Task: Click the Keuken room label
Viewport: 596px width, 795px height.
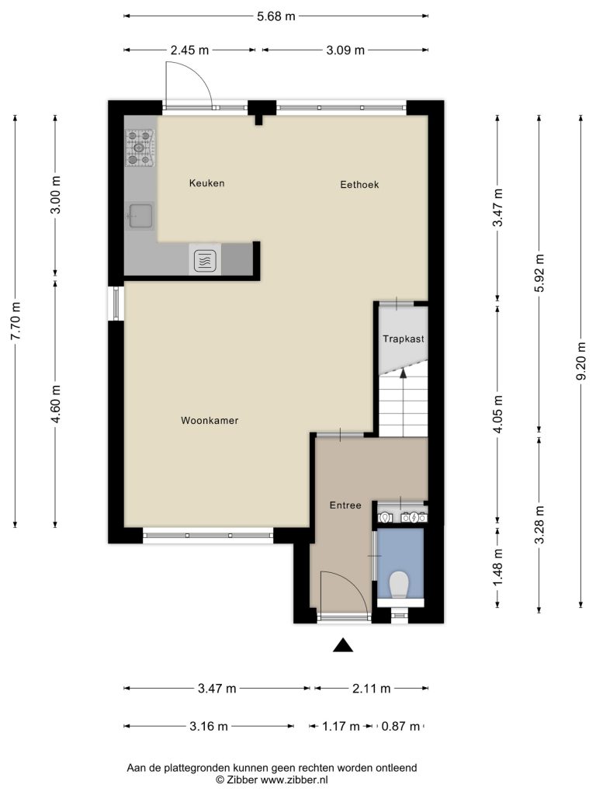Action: [x=206, y=183]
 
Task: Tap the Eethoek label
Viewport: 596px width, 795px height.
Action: [x=359, y=185]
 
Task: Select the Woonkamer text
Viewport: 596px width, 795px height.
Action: [x=210, y=420]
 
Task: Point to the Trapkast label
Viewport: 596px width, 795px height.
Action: [x=404, y=339]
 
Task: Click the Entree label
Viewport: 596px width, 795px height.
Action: [x=345, y=505]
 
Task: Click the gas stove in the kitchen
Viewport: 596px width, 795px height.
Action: [x=140, y=148]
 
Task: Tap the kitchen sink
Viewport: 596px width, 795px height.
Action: [x=140, y=217]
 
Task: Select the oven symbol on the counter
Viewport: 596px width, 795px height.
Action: [x=205, y=260]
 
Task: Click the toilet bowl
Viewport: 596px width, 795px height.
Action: [x=400, y=584]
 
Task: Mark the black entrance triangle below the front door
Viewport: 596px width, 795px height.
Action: [x=343, y=644]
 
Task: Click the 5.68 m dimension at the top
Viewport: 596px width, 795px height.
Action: [x=276, y=16]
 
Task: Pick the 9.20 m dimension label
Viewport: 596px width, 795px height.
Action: [x=580, y=360]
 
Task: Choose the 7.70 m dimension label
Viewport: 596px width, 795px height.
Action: [x=16, y=321]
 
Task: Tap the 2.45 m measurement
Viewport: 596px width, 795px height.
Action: [x=189, y=50]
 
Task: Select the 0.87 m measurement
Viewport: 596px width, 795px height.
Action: [x=400, y=727]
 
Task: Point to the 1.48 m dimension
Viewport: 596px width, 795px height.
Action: [x=498, y=568]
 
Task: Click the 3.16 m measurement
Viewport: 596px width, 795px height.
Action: [x=209, y=727]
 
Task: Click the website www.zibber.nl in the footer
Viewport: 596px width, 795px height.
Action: [x=293, y=779]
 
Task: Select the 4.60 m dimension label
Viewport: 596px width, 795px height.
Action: [x=56, y=404]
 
